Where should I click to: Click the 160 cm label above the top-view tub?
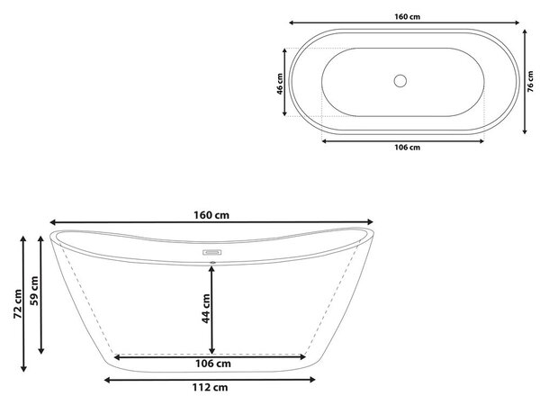click(x=407, y=16)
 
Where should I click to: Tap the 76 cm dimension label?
click(x=530, y=82)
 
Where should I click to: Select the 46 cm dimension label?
click(x=280, y=84)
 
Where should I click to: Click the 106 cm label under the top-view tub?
click(x=407, y=148)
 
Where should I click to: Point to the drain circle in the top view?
click(x=400, y=81)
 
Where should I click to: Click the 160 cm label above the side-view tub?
click(x=211, y=215)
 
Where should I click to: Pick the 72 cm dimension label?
click(x=18, y=304)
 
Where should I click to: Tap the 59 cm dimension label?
click(x=34, y=291)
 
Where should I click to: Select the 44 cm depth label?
click(x=206, y=309)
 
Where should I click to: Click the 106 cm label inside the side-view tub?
click(x=213, y=364)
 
